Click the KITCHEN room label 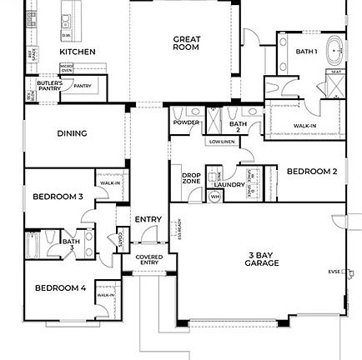(77, 51)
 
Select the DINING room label (68, 132)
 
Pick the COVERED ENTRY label (148, 259)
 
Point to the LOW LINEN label (219, 142)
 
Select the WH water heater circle (214, 197)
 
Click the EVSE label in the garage (334, 271)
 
